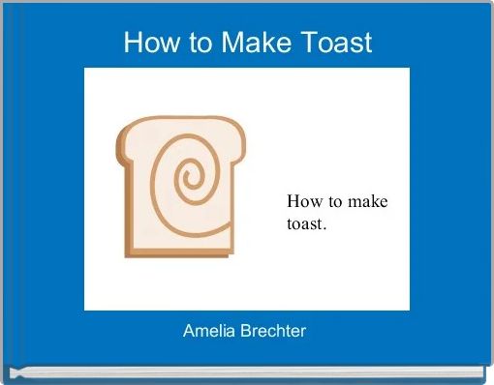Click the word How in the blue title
point(146,44)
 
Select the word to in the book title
point(194,44)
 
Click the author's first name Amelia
point(206,331)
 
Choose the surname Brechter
point(271,331)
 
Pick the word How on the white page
point(303,201)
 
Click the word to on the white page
point(334,201)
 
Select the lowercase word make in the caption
point(368,201)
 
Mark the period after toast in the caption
point(326,228)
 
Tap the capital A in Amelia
point(189,331)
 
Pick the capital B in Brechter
point(242,331)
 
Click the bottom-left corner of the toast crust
point(127,254)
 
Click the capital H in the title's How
point(132,44)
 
